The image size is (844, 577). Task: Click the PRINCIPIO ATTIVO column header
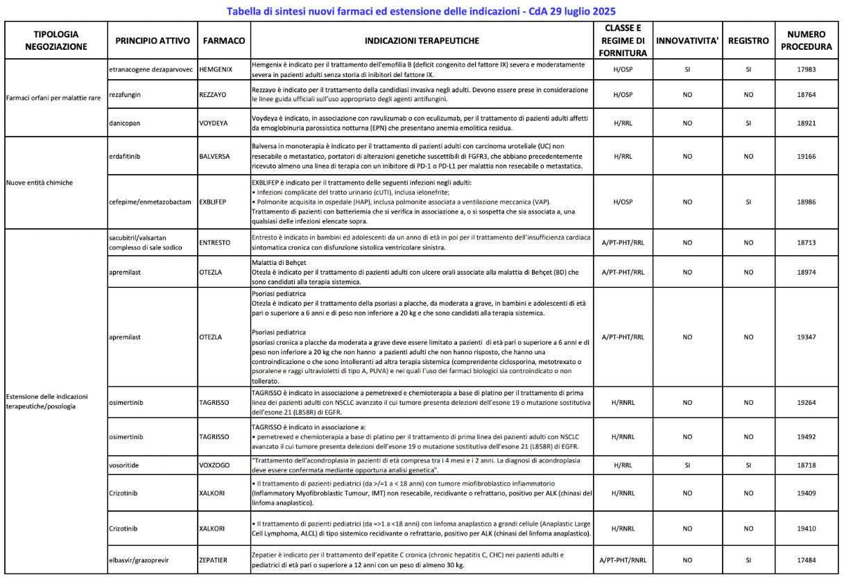153,41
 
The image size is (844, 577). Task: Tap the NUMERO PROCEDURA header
806,41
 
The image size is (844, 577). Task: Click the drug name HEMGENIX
216,70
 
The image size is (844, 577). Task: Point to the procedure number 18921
806,123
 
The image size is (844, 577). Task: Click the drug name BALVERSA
214,157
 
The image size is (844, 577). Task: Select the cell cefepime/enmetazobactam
150,202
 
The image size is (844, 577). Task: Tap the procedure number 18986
806,202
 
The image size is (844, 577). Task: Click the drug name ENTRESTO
215,243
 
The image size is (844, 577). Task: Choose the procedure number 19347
806,337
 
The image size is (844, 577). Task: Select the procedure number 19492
806,437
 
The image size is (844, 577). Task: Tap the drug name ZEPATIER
214,560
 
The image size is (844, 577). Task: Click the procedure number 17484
806,560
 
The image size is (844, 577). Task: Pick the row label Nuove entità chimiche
40,183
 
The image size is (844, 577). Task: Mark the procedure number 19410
806,528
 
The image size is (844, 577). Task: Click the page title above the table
421,11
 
